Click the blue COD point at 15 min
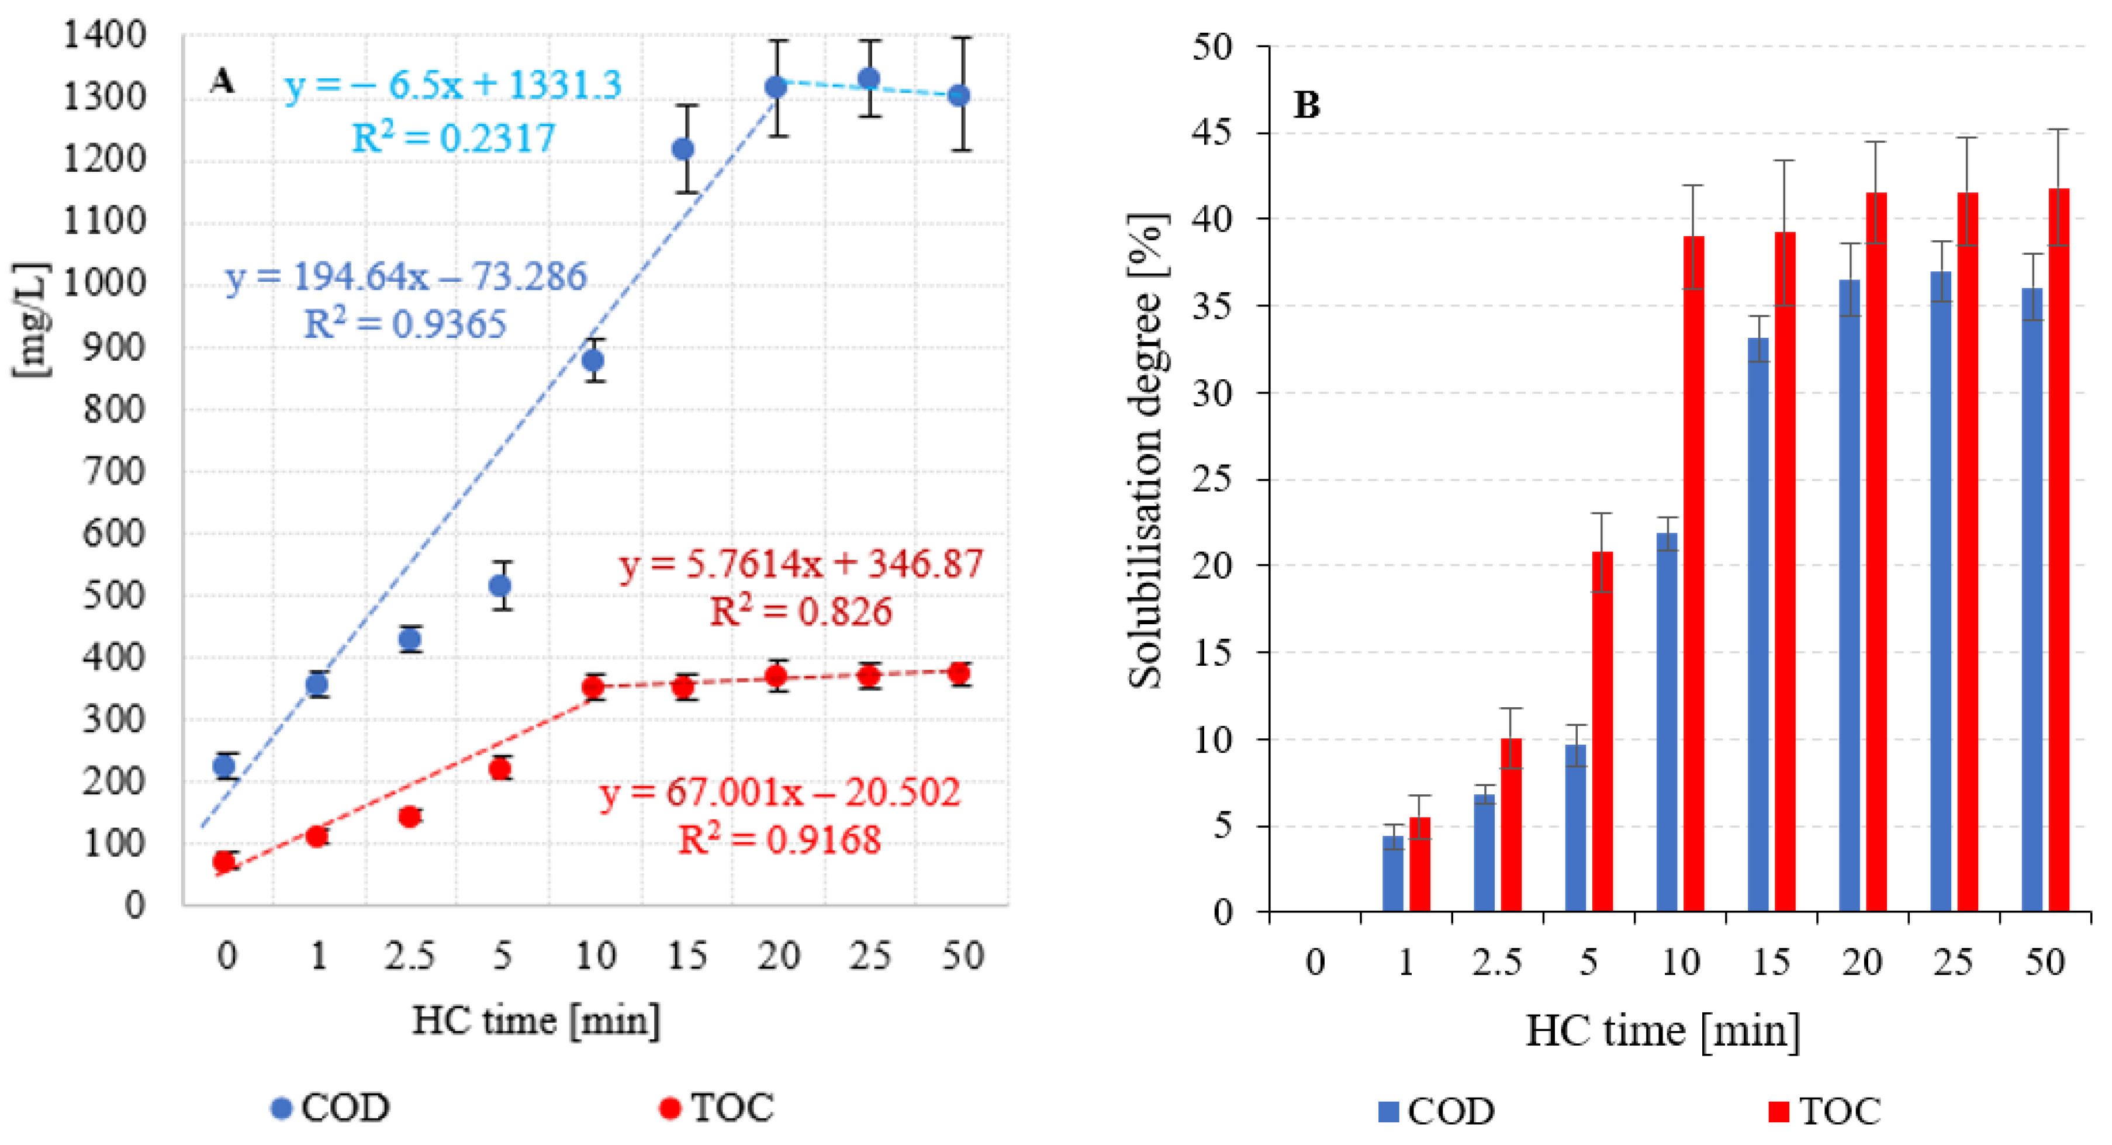tap(683, 149)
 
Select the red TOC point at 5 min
tap(500, 769)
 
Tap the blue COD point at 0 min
tap(224, 766)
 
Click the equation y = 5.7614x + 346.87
tap(801, 564)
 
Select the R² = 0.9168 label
tap(780, 840)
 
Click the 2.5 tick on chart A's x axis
tap(409, 956)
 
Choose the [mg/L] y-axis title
tap(31, 320)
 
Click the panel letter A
tap(222, 81)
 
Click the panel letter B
tap(1306, 105)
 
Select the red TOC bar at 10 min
tap(1693, 574)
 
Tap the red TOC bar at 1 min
tap(1419, 864)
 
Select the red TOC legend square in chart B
tap(1778, 1112)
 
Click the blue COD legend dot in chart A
tap(281, 1109)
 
